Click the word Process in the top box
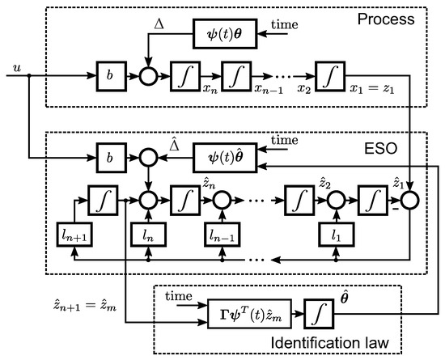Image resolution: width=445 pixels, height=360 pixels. [386, 19]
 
